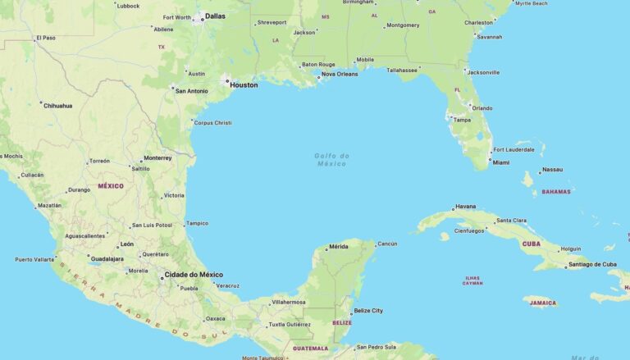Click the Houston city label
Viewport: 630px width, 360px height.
click(244, 84)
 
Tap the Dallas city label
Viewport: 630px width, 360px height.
click(215, 16)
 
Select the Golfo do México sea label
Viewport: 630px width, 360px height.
click(331, 159)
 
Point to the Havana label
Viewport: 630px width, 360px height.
click(465, 207)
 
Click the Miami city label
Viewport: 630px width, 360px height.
click(500, 162)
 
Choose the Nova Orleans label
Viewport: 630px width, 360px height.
click(339, 74)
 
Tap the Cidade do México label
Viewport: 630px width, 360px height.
click(194, 275)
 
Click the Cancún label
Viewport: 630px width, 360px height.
click(387, 244)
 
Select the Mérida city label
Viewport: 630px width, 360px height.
click(338, 247)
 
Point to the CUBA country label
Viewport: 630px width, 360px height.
click(532, 244)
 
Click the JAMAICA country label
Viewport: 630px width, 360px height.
click(543, 303)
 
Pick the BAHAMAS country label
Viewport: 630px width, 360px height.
click(556, 191)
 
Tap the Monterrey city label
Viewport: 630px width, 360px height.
click(157, 157)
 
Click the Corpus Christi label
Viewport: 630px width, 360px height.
click(212, 123)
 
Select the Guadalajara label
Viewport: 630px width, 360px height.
click(107, 258)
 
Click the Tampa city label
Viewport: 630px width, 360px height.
click(462, 120)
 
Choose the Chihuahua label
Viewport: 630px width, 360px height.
click(58, 105)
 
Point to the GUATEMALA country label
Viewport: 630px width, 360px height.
click(311, 349)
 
